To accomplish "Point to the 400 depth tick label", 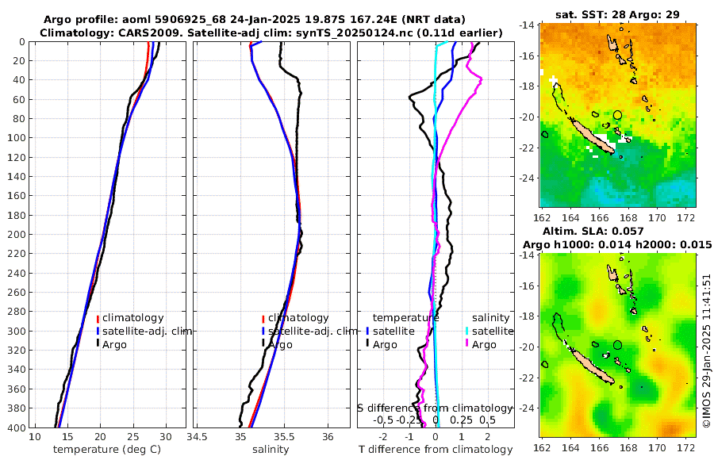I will pos(17,427).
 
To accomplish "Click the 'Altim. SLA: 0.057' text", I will pos(619,230).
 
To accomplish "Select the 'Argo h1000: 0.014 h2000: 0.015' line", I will pos(619,243).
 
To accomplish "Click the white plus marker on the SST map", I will pos(553,79).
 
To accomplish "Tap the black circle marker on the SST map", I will pos(617,116).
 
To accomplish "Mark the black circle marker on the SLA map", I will pos(617,345).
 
